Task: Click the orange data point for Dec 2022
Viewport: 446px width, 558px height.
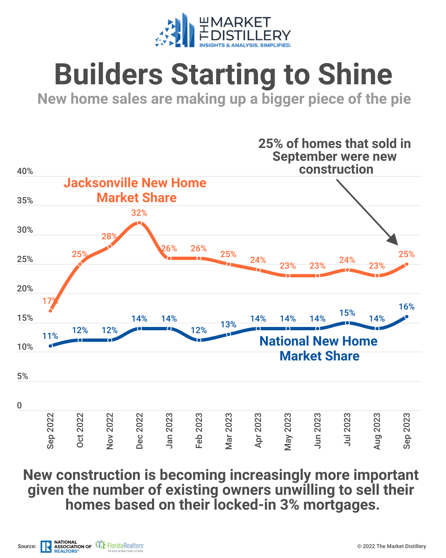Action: pyautogui.click(x=139, y=223)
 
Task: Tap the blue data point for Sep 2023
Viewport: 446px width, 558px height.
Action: pyautogui.click(x=407, y=317)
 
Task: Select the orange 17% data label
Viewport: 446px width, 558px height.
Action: pyautogui.click(x=50, y=301)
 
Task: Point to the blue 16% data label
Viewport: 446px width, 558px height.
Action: pyautogui.click(x=406, y=307)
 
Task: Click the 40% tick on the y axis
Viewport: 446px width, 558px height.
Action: pyautogui.click(x=25, y=172)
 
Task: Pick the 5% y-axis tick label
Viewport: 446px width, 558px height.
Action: pyautogui.click(x=22, y=377)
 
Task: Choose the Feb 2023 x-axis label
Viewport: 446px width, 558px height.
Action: pyautogui.click(x=199, y=430)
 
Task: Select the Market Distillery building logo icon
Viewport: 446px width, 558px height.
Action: pyautogui.click(x=175, y=31)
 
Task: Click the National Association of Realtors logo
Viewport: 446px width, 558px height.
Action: pyautogui.click(x=66, y=546)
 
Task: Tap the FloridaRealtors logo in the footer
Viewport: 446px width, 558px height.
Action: pyautogui.click(x=120, y=546)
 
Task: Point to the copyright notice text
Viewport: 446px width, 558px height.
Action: pyautogui.click(x=391, y=546)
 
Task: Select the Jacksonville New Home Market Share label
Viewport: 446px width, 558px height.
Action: pyautogui.click(x=135, y=190)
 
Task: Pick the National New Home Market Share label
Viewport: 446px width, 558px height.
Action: pyautogui.click(x=319, y=348)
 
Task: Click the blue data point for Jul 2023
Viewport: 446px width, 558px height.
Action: pyautogui.click(x=347, y=323)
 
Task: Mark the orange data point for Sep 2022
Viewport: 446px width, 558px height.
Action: pyautogui.click(x=50, y=311)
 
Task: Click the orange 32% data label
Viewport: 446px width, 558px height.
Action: pyautogui.click(x=139, y=213)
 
